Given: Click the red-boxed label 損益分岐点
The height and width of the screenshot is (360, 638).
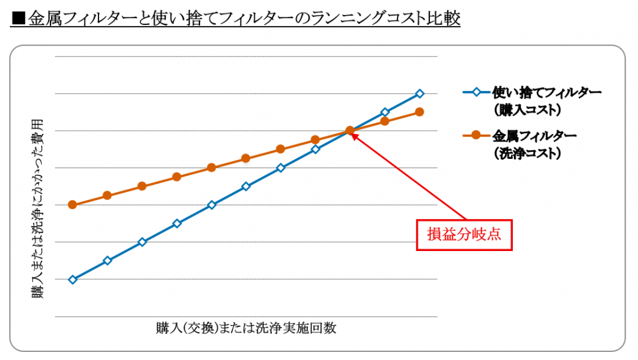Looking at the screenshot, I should [x=464, y=234].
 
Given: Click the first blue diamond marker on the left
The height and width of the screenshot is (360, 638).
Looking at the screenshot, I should [x=72, y=280].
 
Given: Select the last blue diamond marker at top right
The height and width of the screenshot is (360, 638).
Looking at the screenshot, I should [x=420, y=93].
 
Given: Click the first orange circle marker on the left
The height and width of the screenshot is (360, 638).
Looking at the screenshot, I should [x=72, y=204].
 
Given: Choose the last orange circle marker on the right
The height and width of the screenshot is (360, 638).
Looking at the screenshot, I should [x=420, y=112].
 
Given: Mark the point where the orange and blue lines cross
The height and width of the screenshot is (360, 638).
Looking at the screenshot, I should [x=350, y=130].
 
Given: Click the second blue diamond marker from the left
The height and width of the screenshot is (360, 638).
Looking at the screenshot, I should [x=107, y=260].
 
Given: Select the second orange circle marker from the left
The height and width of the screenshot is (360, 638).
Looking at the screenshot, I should [x=107, y=196].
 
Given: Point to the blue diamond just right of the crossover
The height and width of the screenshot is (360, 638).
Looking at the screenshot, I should [x=385, y=112].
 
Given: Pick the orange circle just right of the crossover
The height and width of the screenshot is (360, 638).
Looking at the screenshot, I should [x=385, y=121].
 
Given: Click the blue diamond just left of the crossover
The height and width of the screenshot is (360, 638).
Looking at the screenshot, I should [x=316, y=149].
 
